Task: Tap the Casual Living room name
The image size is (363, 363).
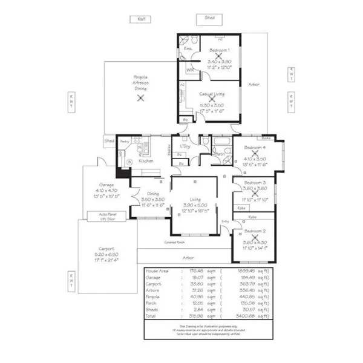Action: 212,94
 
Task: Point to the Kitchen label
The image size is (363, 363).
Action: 146,161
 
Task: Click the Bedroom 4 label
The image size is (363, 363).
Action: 253,148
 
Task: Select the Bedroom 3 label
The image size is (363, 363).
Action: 255,182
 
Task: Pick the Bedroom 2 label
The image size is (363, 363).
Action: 253,232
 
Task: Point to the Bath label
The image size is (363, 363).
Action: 219,154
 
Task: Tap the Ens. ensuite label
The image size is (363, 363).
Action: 188,48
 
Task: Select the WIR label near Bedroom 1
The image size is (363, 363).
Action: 189,70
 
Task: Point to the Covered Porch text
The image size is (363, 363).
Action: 174,243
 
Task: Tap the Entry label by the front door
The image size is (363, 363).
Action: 226,221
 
